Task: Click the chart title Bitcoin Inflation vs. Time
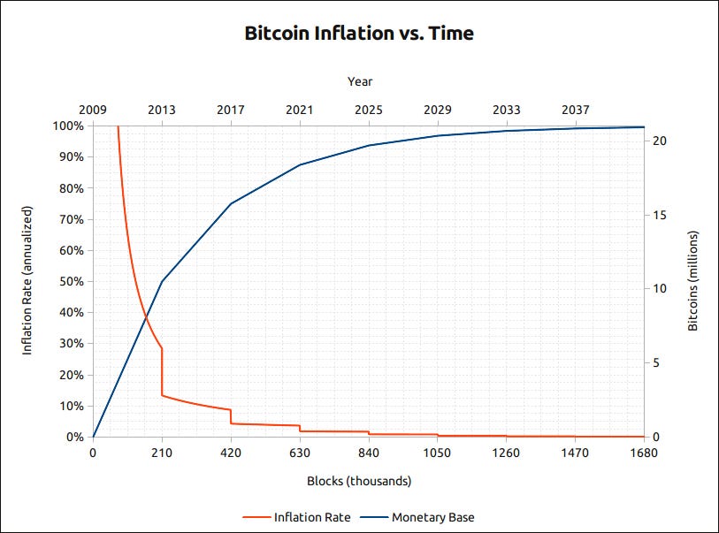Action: (359, 34)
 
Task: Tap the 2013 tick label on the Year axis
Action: (161, 110)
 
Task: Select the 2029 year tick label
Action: (437, 110)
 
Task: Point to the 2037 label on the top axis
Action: (575, 110)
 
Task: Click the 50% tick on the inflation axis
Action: (73, 281)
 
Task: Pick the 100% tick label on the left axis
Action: (70, 126)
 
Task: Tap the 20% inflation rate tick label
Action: (73, 375)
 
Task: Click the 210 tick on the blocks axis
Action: (162, 453)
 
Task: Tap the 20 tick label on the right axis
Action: (662, 141)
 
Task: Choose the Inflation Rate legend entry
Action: (298, 516)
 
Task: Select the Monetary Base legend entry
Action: (427, 516)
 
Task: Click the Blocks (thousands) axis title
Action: (359, 482)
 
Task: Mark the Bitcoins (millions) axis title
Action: (693, 281)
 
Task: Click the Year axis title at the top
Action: (359, 81)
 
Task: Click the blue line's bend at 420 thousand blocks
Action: (231, 203)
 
